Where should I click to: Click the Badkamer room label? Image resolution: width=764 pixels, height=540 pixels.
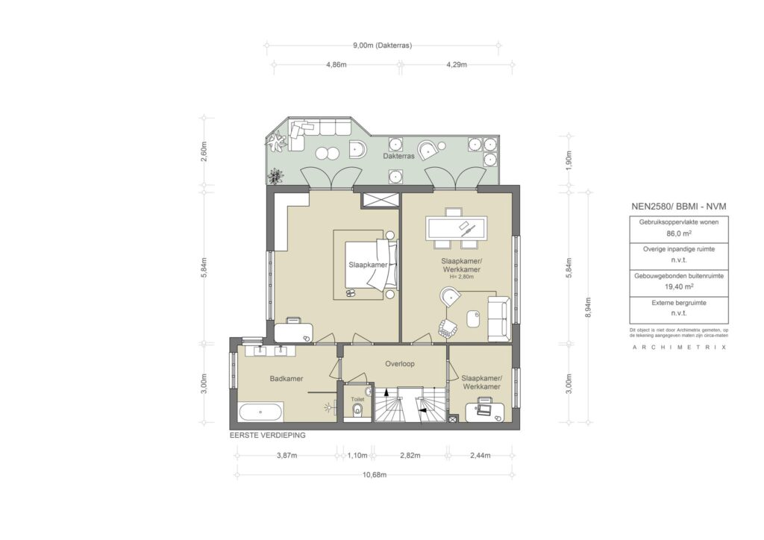(286, 378)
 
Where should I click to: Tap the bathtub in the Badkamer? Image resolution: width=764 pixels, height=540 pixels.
(260, 412)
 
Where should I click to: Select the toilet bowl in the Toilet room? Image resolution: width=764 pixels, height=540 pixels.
(357, 409)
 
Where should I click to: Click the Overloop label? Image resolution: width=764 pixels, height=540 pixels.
(400, 364)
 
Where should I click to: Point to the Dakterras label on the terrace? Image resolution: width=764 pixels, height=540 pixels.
(398, 157)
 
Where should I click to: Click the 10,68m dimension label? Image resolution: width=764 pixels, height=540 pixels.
(375, 475)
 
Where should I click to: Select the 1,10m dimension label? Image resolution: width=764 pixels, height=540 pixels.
(357, 456)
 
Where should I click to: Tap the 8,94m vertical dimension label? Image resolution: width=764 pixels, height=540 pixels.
(588, 307)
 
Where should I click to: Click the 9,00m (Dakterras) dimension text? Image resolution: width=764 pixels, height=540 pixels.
(383, 45)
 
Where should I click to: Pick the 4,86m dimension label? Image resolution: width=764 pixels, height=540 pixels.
(336, 64)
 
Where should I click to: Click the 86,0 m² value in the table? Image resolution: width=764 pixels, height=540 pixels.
(679, 233)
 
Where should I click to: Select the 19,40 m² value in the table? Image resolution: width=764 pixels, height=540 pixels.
(679, 287)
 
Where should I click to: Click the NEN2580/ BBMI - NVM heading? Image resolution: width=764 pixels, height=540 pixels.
(678, 207)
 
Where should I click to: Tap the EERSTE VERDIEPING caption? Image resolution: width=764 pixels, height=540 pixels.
(268, 436)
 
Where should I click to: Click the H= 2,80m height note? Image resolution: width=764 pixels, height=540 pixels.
(461, 277)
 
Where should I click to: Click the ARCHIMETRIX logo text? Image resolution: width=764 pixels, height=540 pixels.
(679, 347)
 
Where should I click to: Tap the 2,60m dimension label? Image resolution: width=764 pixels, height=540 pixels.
(204, 152)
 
